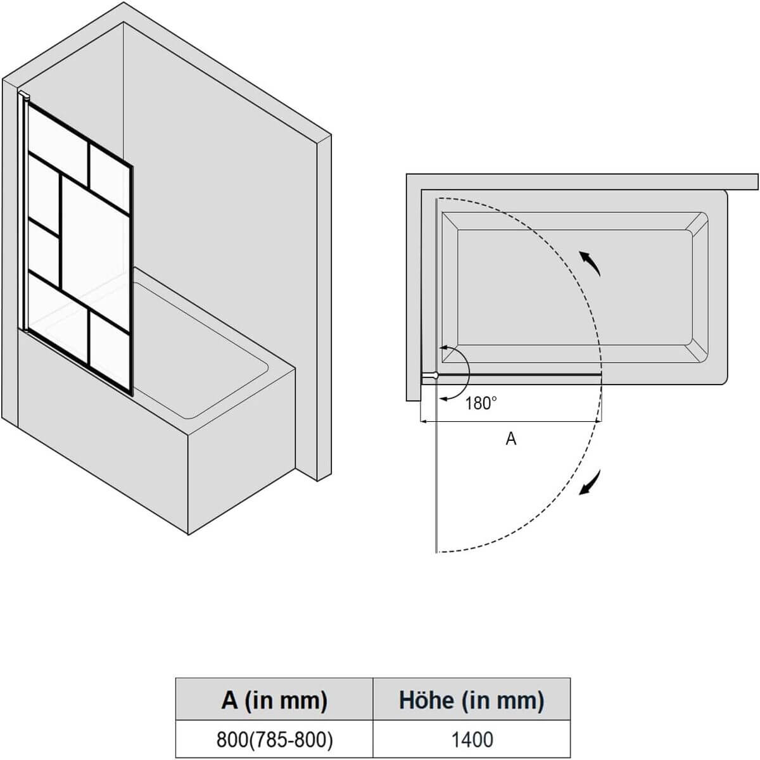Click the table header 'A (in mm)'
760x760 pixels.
click(274, 699)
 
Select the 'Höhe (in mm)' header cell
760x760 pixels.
click(471, 699)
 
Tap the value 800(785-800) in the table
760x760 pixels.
click(274, 739)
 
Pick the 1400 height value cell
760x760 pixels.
click(471, 739)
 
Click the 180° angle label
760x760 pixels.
click(481, 403)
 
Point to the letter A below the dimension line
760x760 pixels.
click(511, 438)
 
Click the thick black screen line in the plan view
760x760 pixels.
click(519, 374)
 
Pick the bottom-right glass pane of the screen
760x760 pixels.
click(109, 351)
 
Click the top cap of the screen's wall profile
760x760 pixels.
click(25, 96)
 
